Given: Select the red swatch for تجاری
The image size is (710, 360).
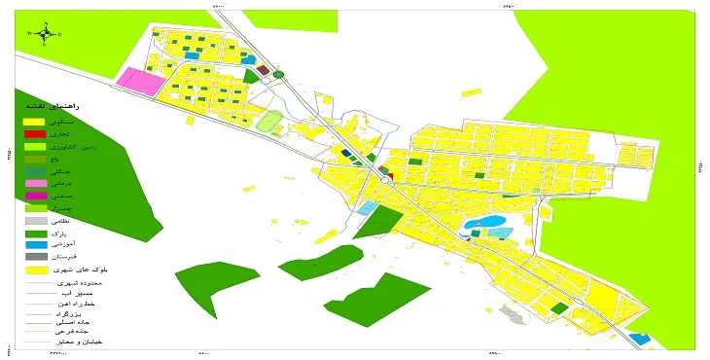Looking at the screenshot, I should (35, 133).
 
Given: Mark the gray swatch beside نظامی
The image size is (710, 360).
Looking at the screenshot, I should (35, 221).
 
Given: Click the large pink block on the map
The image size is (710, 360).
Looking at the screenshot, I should (141, 82).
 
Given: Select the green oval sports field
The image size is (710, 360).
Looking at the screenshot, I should (267, 123).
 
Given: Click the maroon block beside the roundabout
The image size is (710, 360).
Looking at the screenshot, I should (264, 70).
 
